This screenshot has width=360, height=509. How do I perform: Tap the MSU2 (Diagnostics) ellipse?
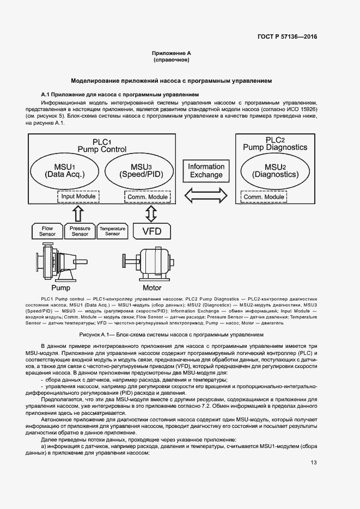pos(275,170)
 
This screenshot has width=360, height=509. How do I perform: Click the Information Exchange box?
pos(206,170)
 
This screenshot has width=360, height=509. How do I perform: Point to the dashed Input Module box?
pos(78,196)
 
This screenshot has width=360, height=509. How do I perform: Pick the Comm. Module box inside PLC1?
pos(147,196)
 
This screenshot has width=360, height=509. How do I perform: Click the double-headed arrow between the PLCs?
pos(206,194)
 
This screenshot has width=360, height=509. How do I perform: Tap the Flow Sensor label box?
pos(47,231)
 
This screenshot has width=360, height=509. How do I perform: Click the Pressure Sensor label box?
pos(80,231)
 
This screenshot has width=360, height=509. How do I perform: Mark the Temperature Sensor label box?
pos(112,231)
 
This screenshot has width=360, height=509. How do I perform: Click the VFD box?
pos(151,231)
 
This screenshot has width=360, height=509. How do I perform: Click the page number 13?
pos(313,463)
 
